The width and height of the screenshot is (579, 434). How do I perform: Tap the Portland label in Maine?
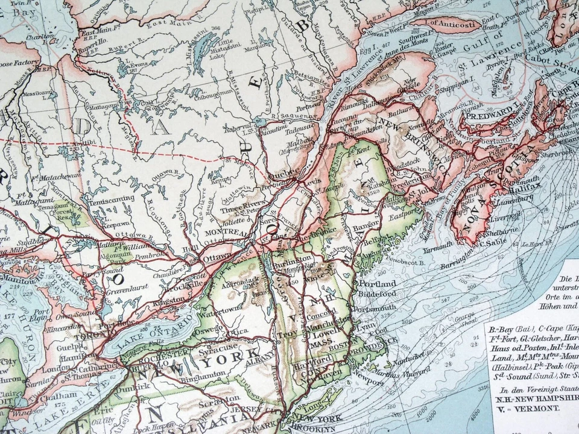pyautogui.click(x=377, y=283)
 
